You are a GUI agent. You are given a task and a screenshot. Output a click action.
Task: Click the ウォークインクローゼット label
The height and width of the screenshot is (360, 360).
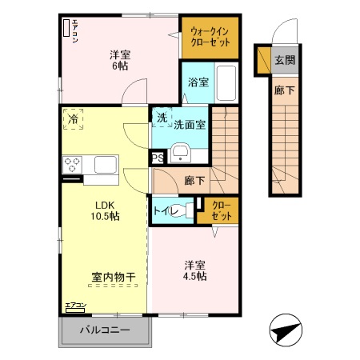(209, 38)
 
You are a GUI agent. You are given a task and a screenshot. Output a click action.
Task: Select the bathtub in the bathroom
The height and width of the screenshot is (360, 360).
(226, 82)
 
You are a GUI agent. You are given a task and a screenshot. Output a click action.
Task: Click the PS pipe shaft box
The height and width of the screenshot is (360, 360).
(158, 158)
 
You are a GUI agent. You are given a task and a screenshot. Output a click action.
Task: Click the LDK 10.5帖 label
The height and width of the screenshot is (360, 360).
(104, 210)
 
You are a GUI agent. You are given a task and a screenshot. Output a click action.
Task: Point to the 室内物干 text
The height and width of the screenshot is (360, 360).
(113, 278)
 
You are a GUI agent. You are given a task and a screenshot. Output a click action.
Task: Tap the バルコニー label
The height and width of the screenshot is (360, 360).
(105, 330)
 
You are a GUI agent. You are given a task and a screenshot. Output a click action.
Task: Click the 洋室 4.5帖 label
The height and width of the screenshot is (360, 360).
(194, 270)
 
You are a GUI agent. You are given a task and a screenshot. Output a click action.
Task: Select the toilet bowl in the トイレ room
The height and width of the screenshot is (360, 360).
(187, 212)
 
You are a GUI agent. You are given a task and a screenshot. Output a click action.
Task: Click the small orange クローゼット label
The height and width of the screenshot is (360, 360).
(221, 212)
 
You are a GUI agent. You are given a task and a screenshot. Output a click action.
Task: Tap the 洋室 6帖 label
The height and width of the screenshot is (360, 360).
(120, 60)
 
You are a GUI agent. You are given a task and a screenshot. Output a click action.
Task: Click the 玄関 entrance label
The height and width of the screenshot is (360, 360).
(284, 60)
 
